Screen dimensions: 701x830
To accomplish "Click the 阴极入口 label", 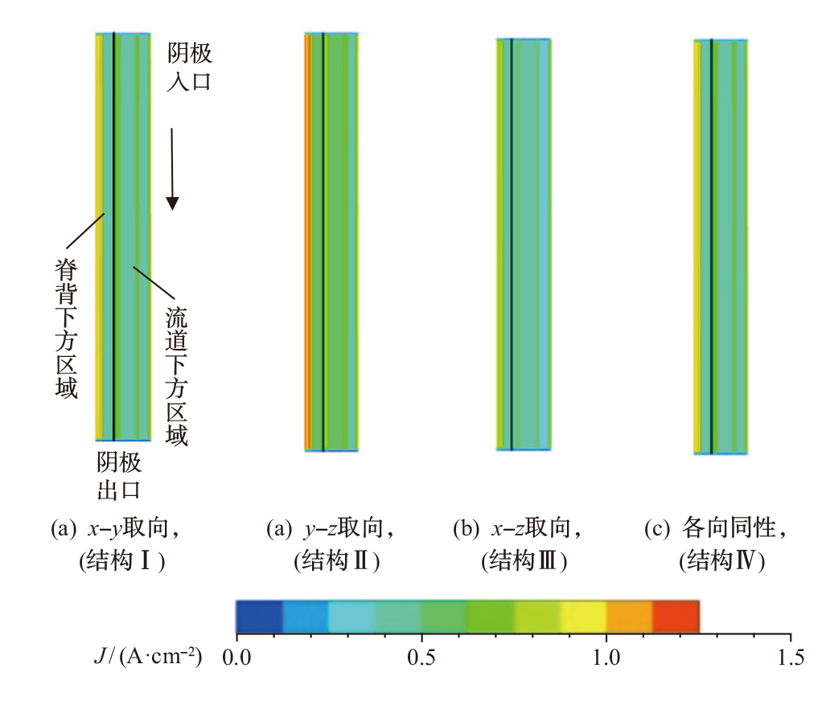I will (x=189, y=68).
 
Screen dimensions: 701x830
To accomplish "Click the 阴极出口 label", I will (x=120, y=475).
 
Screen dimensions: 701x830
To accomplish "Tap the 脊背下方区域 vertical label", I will (x=65, y=330).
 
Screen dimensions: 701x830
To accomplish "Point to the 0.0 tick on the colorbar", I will (x=236, y=658).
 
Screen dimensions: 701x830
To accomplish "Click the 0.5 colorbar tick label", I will (x=421, y=658).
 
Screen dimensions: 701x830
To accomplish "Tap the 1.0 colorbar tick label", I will (x=606, y=658).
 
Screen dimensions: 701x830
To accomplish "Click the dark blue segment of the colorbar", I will (x=259, y=616).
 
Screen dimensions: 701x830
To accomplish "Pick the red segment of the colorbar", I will (x=676, y=616).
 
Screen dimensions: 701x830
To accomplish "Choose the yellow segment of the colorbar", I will (x=583, y=616).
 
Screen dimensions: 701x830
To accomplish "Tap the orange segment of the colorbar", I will (x=630, y=616).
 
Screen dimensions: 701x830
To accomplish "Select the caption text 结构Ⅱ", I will (x=337, y=561).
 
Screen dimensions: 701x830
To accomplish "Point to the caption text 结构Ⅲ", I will (x=525, y=561).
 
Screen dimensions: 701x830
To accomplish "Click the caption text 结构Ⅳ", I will (x=721, y=561).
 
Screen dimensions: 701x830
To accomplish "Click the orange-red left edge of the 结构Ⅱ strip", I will (x=308, y=241).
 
